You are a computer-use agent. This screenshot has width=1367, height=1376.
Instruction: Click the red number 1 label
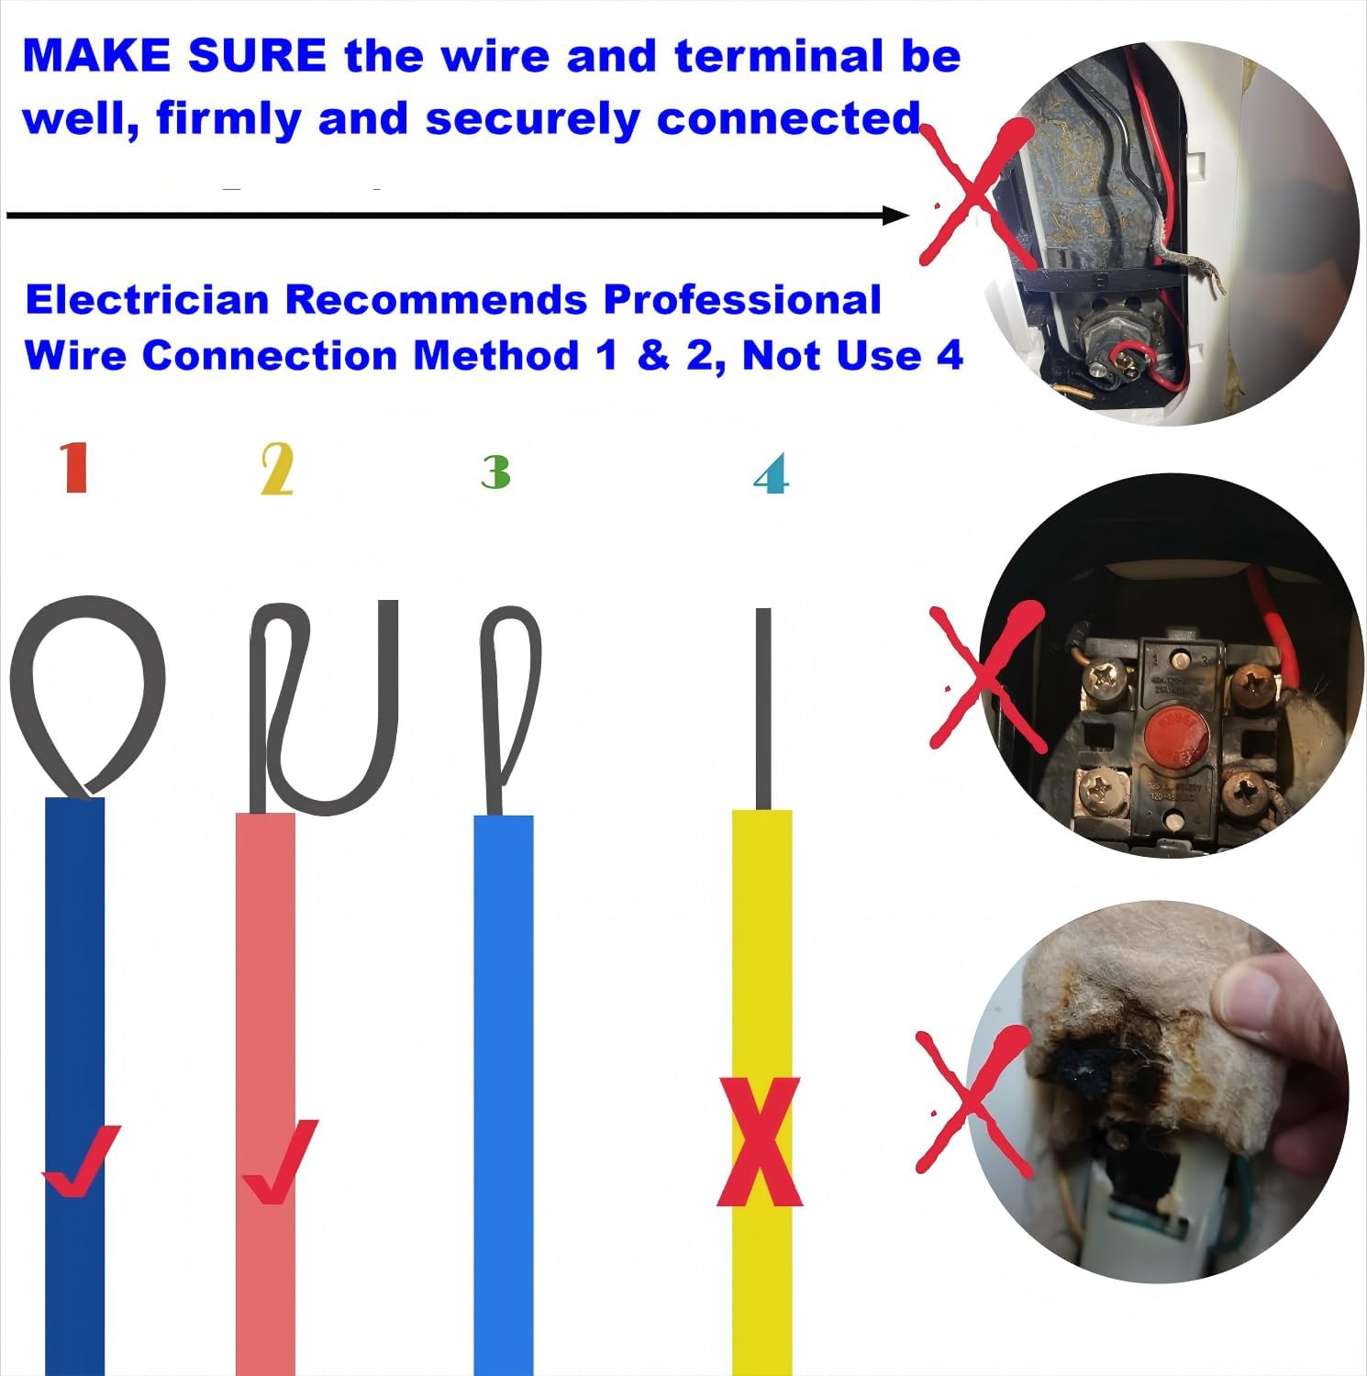pyautogui.click(x=75, y=467)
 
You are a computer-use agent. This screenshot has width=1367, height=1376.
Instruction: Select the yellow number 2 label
pyautogui.click(x=277, y=469)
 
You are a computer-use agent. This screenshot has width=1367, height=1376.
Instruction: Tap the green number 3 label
pyautogui.click(x=495, y=472)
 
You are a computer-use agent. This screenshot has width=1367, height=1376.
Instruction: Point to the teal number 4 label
pyautogui.click(x=771, y=474)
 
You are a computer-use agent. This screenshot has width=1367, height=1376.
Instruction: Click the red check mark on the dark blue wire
pyautogui.click(x=81, y=1160)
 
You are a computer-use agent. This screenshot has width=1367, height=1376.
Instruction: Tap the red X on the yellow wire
pyautogui.click(x=760, y=1142)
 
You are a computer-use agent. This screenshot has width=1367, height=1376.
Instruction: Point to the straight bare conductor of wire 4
pyautogui.click(x=763, y=706)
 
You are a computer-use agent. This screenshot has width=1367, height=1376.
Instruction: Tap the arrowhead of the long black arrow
pyautogui.click(x=895, y=216)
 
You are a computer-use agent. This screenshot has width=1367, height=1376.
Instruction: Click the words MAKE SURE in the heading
pyautogui.click(x=174, y=57)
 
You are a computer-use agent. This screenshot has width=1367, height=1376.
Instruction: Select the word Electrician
pyautogui.click(x=147, y=300)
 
